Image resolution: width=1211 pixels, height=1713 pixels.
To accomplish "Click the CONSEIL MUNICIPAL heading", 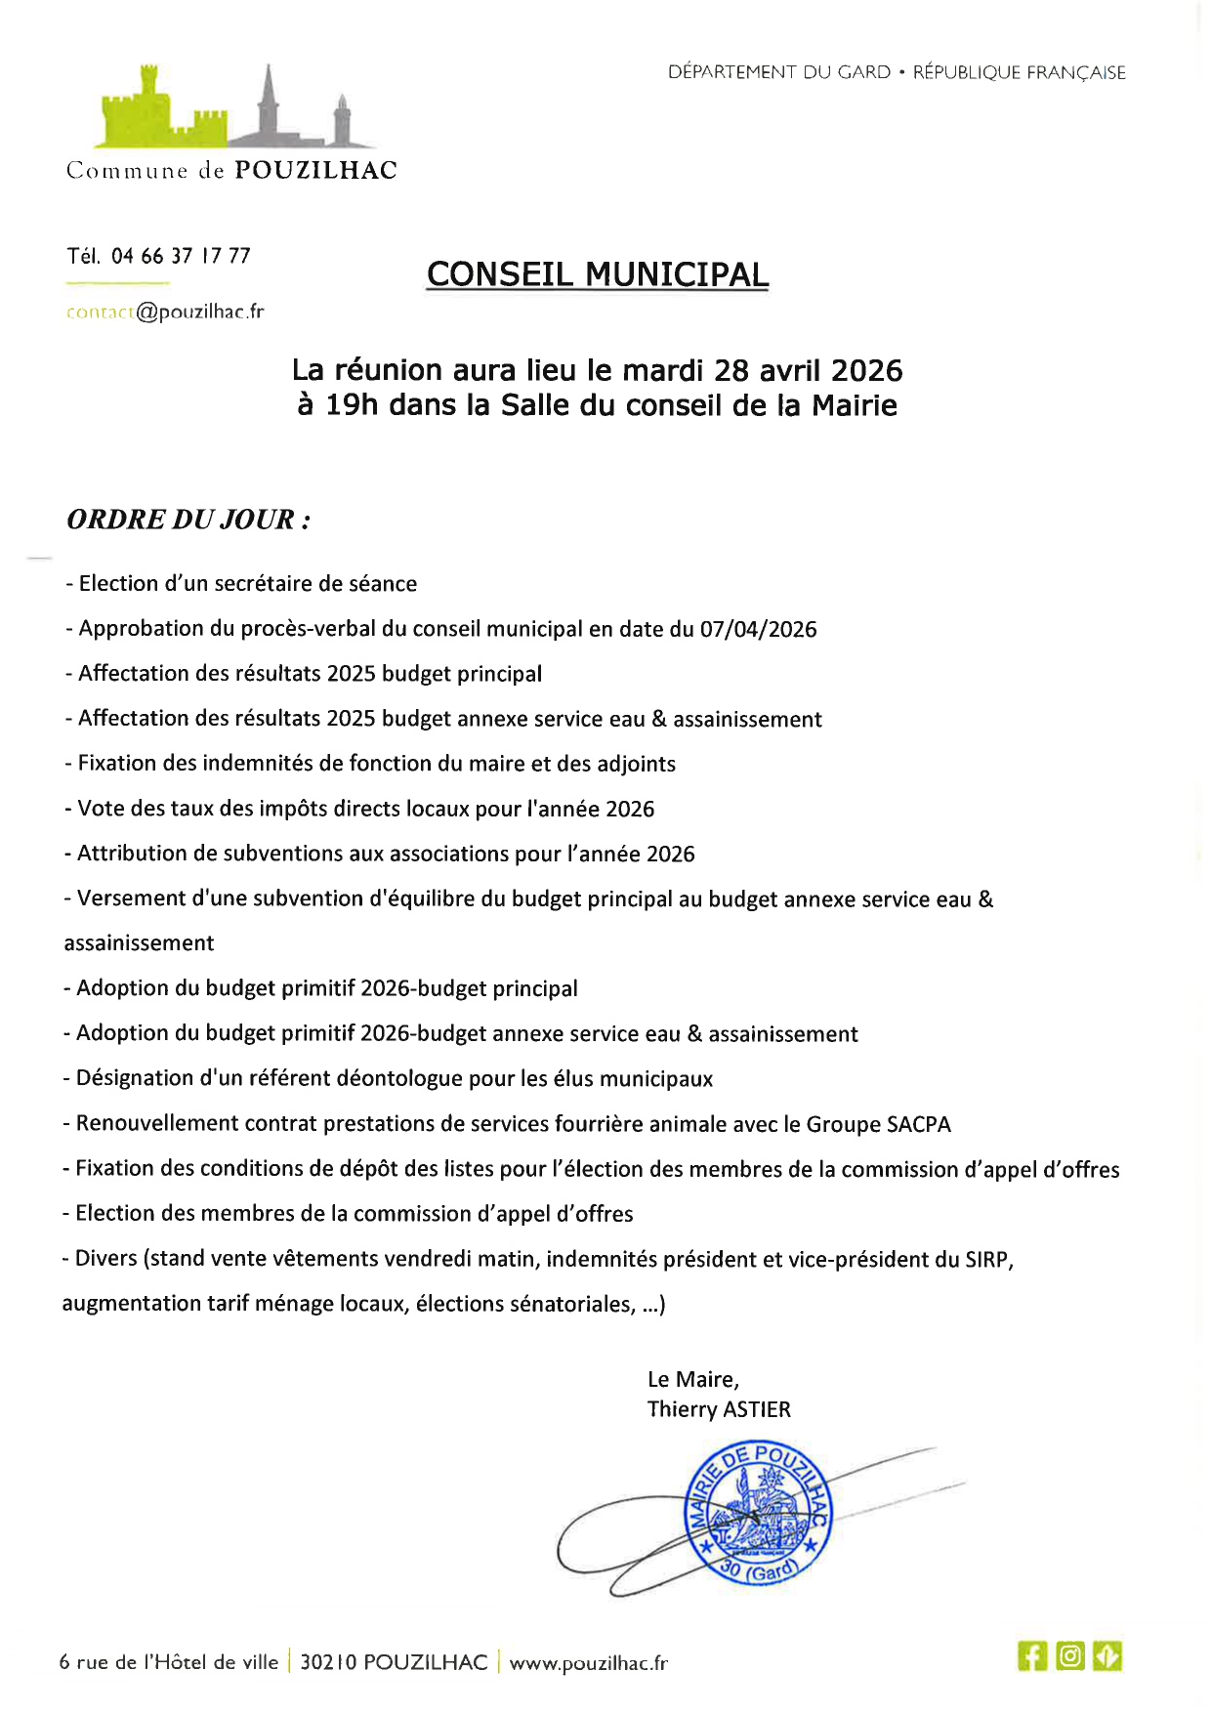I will (x=598, y=274).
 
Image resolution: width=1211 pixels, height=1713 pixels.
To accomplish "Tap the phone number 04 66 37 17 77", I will (x=181, y=256).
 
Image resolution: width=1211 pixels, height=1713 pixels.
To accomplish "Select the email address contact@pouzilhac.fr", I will (x=165, y=313).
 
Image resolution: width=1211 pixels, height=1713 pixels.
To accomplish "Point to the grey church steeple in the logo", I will (x=270, y=103).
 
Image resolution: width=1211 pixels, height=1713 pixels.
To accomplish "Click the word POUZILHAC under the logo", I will (x=315, y=171).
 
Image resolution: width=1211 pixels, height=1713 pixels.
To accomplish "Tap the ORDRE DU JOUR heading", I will (x=188, y=520).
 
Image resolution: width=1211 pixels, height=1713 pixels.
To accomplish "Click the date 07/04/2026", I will (x=758, y=630).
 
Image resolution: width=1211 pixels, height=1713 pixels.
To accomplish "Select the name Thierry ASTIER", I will (x=719, y=1409).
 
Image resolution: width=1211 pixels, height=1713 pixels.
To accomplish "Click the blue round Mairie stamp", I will (x=760, y=1514).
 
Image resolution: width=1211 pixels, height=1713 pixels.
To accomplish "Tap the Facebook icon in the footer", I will (x=1031, y=1656).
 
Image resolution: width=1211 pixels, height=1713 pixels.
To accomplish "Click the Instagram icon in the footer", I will (x=1070, y=1656).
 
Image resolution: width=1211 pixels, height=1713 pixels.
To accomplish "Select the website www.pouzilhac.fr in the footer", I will (x=588, y=1662).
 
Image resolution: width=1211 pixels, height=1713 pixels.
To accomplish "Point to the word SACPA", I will (x=918, y=1124).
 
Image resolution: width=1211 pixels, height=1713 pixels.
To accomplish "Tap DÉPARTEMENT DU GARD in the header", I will (x=779, y=72).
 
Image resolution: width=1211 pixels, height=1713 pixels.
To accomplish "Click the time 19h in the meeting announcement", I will (x=351, y=405).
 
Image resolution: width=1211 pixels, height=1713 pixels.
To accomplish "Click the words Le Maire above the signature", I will (x=692, y=1379).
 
